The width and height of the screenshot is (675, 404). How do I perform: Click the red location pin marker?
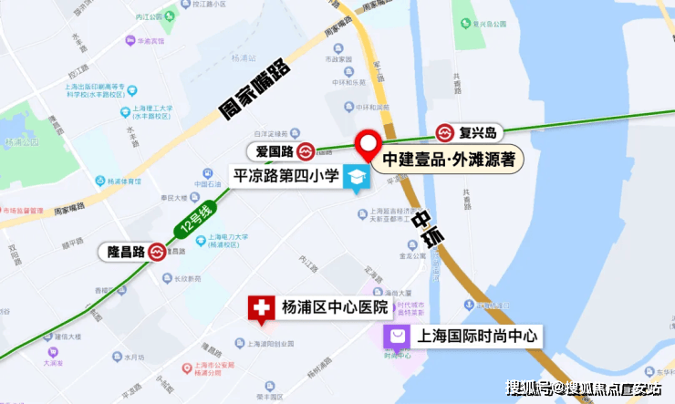pyautogui.click(x=369, y=144)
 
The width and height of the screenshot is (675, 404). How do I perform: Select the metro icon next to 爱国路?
pyautogui.click(x=306, y=150)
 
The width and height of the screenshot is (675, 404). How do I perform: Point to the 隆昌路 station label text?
pyautogui.click(x=120, y=251)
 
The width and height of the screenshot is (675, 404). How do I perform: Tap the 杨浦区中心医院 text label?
pyautogui.click(x=335, y=306)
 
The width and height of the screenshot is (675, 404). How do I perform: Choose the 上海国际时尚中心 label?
pyautogui.click(x=477, y=337)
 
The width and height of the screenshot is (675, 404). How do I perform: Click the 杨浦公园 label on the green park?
pyautogui.click(x=22, y=142)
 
